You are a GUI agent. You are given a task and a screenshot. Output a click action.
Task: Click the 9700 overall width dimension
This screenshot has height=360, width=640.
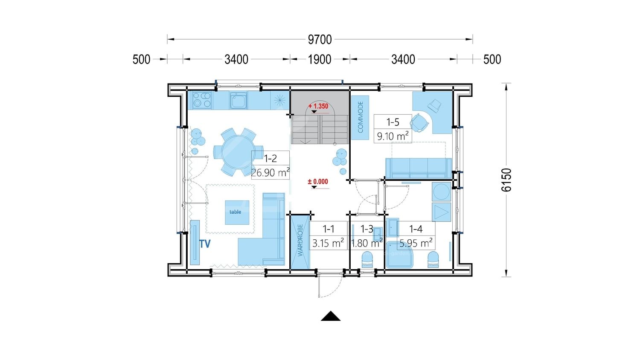pos(320,40)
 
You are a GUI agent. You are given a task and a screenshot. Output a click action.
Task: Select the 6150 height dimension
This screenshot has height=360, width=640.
pos(506,180)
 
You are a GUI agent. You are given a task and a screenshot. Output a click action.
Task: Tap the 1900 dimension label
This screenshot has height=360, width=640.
pos(320,59)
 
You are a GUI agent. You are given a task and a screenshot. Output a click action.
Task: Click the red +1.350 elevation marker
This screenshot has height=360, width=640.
pos(318,106)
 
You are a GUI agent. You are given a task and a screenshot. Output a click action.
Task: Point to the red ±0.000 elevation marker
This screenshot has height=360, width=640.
pos(318,182)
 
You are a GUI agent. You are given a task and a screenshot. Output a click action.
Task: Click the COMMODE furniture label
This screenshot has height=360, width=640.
pos(360,117)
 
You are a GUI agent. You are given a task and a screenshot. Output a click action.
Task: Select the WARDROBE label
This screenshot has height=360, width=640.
pos(300,240)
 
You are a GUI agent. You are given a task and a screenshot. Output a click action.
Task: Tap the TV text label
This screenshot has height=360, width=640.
pos(205,244)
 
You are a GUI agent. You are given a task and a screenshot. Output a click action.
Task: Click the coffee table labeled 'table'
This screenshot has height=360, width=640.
pos(237,212)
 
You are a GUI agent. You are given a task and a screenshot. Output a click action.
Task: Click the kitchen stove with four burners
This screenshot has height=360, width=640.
pos(202,100)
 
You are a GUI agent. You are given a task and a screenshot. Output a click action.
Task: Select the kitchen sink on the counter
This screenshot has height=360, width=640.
pos(238,100)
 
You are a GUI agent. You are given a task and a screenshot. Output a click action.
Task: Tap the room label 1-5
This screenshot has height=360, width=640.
pos(393,122)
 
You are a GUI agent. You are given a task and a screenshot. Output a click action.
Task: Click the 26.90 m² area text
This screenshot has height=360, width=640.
pos(270,173)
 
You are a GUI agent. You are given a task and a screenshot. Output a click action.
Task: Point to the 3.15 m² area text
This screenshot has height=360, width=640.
pos(328,243)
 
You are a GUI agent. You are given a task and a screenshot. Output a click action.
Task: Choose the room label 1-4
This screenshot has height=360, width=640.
pos(416,229)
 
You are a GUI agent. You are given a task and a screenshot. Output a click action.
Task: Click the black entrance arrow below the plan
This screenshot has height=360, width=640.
pos(331,316)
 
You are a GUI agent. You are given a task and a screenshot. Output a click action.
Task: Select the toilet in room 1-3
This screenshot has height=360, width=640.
pos(367,259)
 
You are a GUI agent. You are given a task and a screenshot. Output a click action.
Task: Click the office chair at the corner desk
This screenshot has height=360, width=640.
pos(419,123)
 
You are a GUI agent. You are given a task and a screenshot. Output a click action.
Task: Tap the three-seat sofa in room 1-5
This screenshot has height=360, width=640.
pos(419,168)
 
